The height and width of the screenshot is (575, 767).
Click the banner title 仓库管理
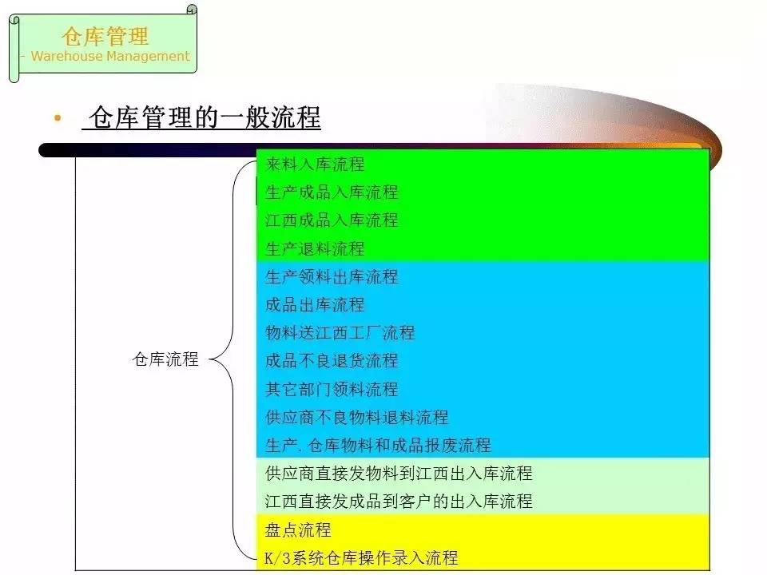click(x=105, y=36)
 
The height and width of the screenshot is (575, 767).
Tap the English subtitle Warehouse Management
click(x=110, y=56)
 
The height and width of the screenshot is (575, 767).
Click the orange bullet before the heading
click(x=58, y=118)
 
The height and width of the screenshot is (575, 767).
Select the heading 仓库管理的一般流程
click(x=205, y=117)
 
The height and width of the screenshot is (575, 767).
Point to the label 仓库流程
click(x=165, y=359)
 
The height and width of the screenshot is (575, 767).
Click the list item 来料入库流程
click(x=315, y=165)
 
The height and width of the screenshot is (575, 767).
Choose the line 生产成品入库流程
click(x=332, y=192)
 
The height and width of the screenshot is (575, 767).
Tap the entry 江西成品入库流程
click(x=332, y=220)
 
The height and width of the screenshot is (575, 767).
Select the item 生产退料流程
click(x=315, y=248)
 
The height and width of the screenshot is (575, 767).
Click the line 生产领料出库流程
click(x=332, y=277)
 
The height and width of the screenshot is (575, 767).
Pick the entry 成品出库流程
click(x=315, y=304)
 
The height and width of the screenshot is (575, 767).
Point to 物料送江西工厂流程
click(x=340, y=332)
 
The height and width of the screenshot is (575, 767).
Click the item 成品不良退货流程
click(x=332, y=361)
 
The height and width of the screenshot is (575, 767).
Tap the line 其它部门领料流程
click(x=332, y=389)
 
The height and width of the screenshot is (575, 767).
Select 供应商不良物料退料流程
click(x=356, y=417)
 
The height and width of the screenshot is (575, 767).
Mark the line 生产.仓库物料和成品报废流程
click(x=378, y=445)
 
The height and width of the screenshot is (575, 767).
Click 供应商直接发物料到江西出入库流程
click(x=399, y=474)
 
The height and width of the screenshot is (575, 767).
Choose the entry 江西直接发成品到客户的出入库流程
click(x=399, y=502)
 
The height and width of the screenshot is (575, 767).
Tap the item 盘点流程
click(x=298, y=529)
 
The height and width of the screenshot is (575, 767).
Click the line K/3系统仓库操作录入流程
click(x=361, y=557)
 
